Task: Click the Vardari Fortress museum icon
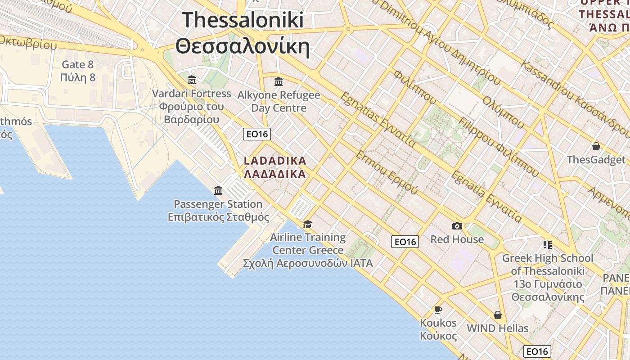click(192, 80)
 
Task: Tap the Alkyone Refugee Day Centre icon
click(279, 82)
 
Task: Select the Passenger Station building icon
click(218, 190)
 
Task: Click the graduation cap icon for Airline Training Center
click(308, 224)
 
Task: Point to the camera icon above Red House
click(457, 226)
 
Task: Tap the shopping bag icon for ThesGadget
click(596, 146)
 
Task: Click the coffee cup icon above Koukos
click(438, 310)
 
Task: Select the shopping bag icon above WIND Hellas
click(498, 315)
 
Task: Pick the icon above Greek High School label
click(548, 245)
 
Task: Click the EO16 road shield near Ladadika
click(257, 134)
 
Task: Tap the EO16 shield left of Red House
click(405, 242)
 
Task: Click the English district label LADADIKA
click(274, 161)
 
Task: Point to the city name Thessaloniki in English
click(243, 20)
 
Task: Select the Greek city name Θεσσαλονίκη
click(243, 46)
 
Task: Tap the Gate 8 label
click(78, 64)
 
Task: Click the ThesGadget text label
click(596, 160)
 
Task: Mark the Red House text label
click(457, 239)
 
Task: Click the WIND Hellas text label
click(498, 328)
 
